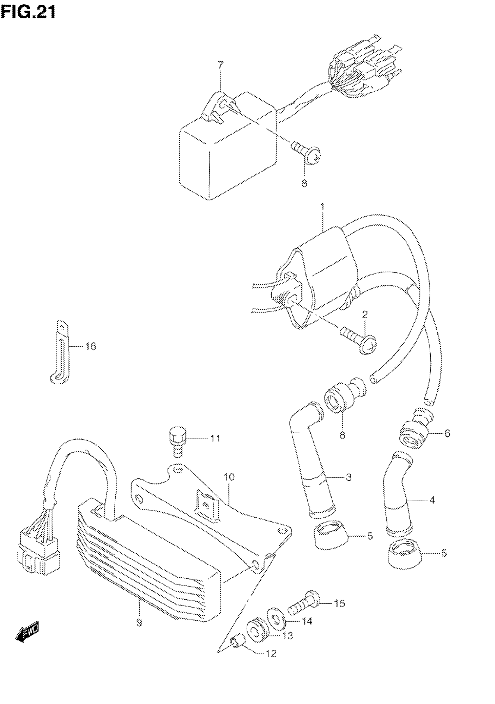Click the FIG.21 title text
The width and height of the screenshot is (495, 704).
click(28, 13)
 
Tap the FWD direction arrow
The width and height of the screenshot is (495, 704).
click(27, 631)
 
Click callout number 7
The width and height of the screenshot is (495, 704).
click(220, 65)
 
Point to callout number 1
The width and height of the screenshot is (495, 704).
click(322, 206)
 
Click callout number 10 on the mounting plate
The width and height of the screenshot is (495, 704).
click(229, 477)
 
